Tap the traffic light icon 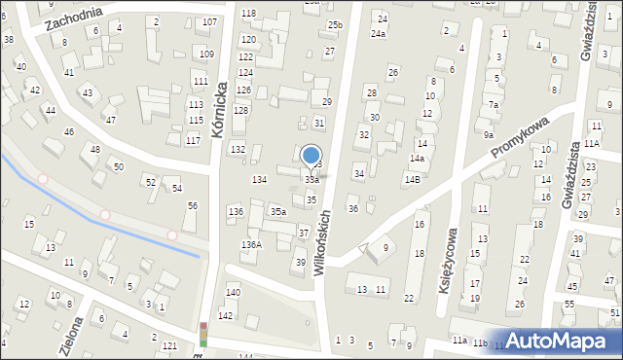tap(203, 334)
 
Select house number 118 tap(248, 13)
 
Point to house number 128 tap(240, 111)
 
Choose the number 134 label tap(259, 180)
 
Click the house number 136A tap(251, 245)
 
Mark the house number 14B tap(413, 179)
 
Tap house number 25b tap(335, 24)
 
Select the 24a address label tap(378, 34)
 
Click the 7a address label tap(494, 105)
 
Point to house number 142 tap(225, 316)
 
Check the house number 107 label tap(209, 21)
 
